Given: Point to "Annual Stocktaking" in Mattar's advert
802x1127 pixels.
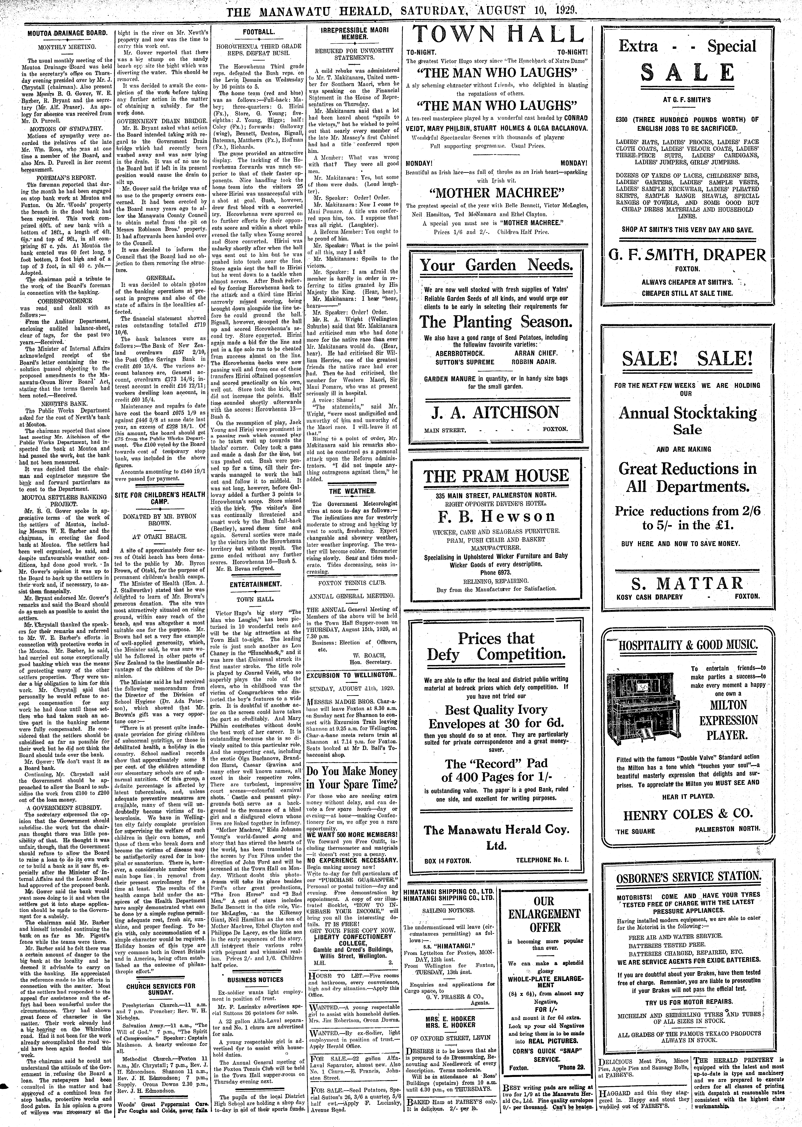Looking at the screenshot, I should tap(687, 413).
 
